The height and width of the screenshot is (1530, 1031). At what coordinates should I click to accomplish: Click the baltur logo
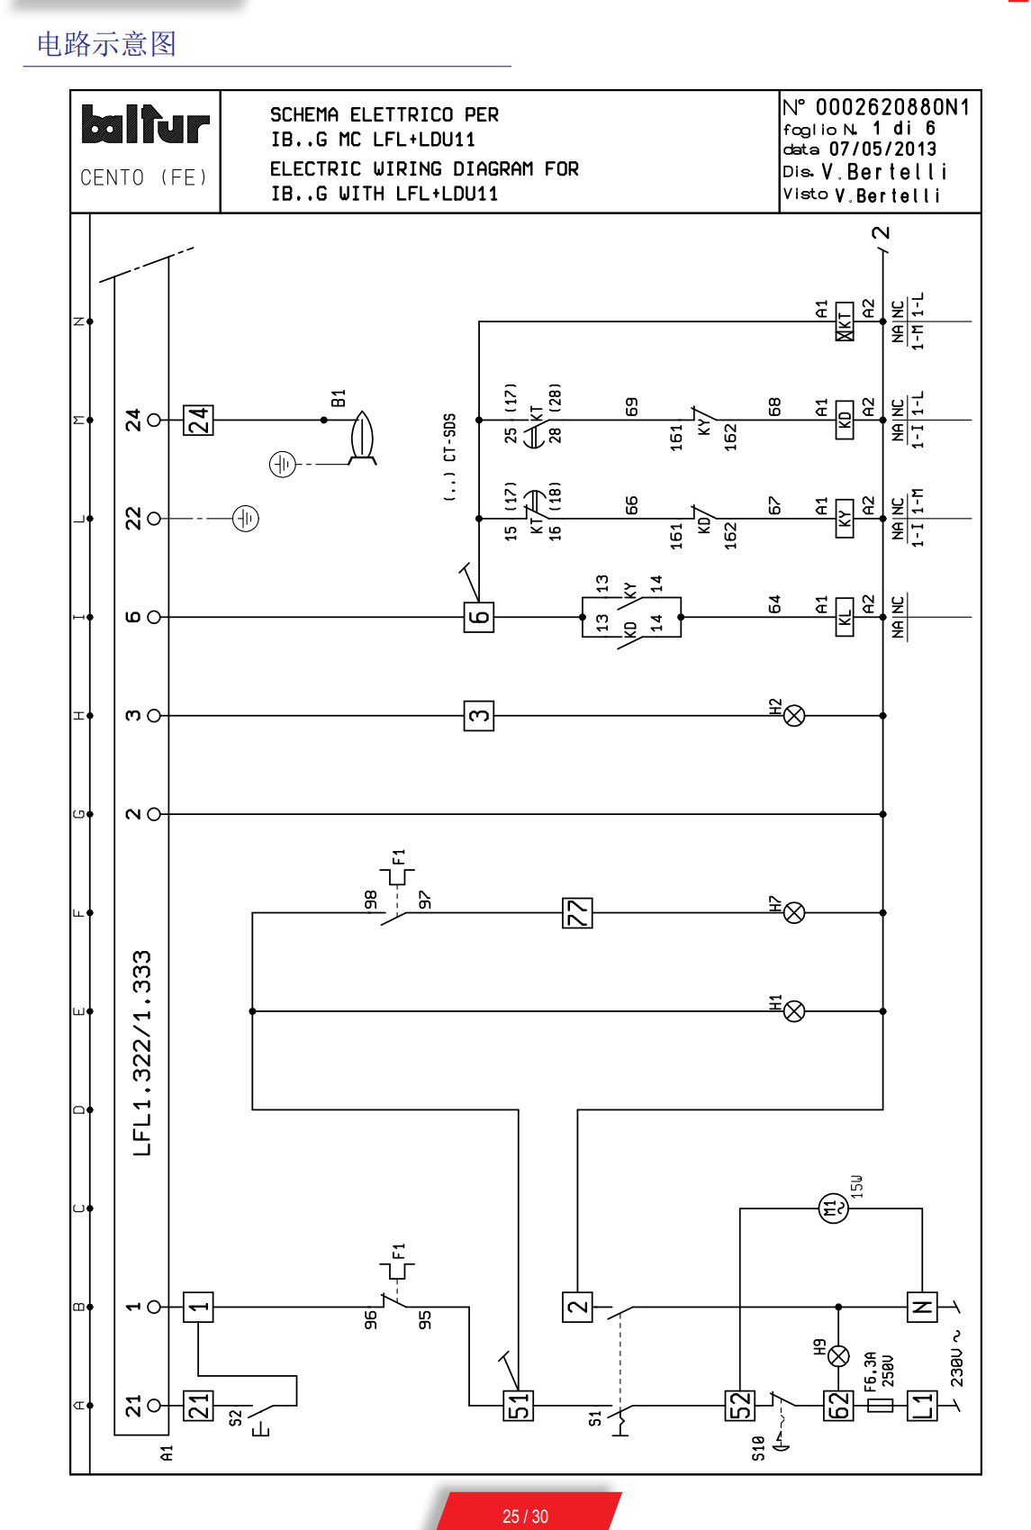(x=145, y=126)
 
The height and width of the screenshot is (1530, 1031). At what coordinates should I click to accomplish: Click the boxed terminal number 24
(x=198, y=420)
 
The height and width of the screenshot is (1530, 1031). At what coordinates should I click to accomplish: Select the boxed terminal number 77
(x=577, y=913)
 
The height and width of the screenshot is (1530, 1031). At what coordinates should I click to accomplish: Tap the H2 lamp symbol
(x=794, y=716)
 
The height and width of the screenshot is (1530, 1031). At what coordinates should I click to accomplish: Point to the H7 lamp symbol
(x=794, y=913)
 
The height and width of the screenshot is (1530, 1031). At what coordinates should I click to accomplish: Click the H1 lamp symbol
(x=794, y=1011)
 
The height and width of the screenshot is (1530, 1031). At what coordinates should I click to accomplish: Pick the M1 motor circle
(x=834, y=1208)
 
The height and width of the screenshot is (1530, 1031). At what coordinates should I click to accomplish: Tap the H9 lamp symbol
(x=838, y=1356)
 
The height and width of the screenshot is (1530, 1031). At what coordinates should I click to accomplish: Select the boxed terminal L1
(x=922, y=1406)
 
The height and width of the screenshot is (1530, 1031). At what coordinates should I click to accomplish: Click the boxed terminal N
(x=922, y=1307)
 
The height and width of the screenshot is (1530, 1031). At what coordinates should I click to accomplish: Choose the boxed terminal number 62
(x=838, y=1406)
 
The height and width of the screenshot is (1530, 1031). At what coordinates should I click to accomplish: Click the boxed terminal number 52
(x=740, y=1406)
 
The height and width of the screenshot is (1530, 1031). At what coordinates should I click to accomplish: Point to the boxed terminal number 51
(x=519, y=1406)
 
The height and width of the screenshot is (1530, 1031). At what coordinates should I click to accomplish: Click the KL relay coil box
(x=845, y=617)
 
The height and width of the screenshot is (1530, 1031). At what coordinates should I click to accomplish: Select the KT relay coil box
(x=845, y=321)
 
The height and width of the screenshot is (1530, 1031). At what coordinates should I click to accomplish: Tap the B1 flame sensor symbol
(x=362, y=437)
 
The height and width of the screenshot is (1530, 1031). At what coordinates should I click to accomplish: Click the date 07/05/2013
(x=882, y=149)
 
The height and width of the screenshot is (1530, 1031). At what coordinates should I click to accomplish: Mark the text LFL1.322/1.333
(x=142, y=1053)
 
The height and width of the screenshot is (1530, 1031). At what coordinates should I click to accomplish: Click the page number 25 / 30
(x=525, y=1516)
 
